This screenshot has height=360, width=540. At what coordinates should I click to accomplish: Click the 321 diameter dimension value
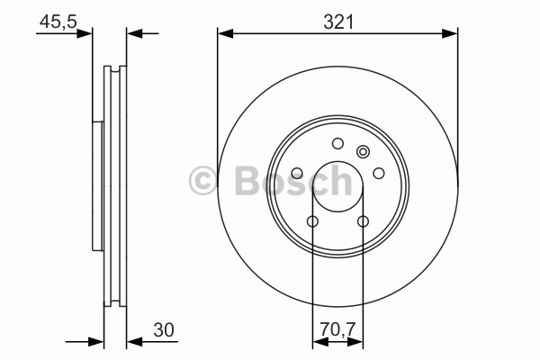point(338,22)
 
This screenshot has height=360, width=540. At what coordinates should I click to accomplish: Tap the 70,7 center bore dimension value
point(337,329)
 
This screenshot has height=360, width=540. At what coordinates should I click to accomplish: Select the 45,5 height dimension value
point(58,22)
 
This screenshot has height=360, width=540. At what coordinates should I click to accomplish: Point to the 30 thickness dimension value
point(164,329)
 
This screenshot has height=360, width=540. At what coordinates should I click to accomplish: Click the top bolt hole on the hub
point(337,143)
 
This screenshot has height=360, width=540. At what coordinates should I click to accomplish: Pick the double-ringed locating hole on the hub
point(363,151)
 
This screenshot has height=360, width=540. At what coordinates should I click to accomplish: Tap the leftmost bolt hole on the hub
point(297,173)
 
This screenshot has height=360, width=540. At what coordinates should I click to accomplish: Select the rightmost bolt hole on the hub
point(379,173)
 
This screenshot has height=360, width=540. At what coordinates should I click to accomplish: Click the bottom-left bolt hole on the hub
point(312,221)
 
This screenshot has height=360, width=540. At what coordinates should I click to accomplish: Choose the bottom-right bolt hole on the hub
point(363,221)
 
